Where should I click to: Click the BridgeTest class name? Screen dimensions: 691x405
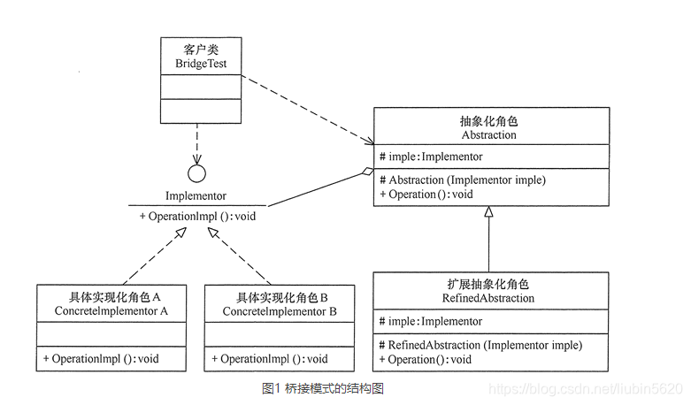[x=201, y=64]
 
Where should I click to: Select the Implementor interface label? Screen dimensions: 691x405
[x=196, y=196]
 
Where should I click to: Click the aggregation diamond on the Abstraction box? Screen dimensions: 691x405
[x=367, y=172]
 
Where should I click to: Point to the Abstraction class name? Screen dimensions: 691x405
[x=488, y=134]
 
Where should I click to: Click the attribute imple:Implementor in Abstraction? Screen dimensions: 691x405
[x=431, y=157]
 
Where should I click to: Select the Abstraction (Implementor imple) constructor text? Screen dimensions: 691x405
[x=463, y=180]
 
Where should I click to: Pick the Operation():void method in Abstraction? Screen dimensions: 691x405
[x=426, y=195]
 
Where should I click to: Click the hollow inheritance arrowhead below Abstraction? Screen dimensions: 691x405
[x=488, y=211]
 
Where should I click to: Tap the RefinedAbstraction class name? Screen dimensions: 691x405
[x=488, y=299]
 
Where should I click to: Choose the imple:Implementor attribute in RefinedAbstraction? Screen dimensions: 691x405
[x=431, y=321]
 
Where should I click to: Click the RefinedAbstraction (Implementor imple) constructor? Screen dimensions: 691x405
[x=480, y=345]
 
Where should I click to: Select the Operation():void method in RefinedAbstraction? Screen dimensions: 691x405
[x=426, y=360]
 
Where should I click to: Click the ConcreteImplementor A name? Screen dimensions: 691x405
[x=111, y=311]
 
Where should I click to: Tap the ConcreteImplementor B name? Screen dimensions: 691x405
[x=280, y=311]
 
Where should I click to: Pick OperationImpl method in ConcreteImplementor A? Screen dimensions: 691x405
[x=101, y=359]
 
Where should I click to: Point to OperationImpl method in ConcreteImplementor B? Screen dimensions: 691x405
[x=270, y=359]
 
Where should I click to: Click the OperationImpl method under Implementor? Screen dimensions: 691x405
[x=197, y=216]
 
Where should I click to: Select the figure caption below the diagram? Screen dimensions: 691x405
[x=323, y=388]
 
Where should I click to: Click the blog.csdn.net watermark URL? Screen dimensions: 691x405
[x=586, y=388]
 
